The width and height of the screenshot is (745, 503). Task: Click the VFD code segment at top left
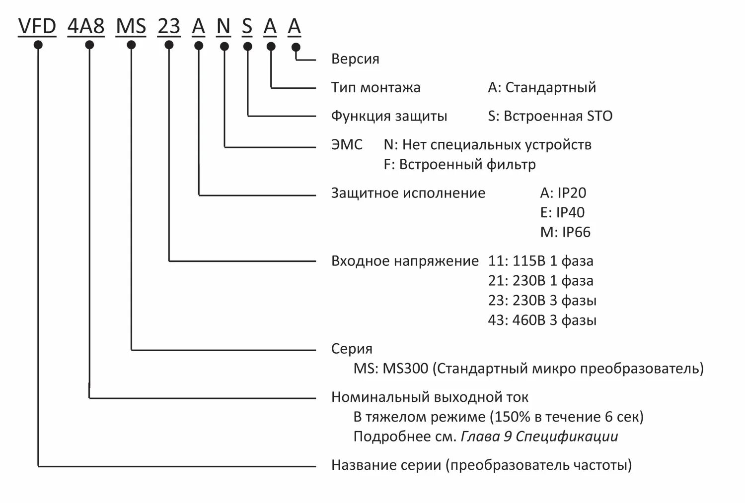tap(37, 26)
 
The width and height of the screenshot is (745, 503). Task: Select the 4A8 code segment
tap(86, 26)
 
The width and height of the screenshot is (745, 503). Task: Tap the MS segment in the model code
tap(131, 26)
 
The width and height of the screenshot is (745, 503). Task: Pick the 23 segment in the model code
tap(169, 26)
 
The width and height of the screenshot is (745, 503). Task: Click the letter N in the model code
tap(223, 26)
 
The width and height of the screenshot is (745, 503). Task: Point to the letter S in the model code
tap(247, 26)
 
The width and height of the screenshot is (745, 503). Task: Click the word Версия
tap(355, 59)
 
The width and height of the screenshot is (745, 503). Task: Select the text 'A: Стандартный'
tap(542, 88)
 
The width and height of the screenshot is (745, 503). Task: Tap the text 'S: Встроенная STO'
tap(550, 117)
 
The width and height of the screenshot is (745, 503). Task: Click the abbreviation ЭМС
tap(347, 145)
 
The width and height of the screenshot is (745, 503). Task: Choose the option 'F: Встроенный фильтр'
tap(459, 164)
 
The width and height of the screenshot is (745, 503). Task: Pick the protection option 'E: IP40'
tap(562, 213)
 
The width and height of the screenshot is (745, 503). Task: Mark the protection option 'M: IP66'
tap(565, 232)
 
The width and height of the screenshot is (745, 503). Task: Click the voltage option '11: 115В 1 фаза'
tap(540, 261)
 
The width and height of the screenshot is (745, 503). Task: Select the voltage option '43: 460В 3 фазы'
tap(542, 320)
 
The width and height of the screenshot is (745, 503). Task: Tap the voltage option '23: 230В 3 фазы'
tap(542, 301)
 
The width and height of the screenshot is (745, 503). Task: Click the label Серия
tap(352, 349)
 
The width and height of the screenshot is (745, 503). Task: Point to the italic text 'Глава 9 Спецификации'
tap(539, 437)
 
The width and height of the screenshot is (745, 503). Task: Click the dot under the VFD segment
tap(38, 45)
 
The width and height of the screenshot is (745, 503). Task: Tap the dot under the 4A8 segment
tap(89, 45)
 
